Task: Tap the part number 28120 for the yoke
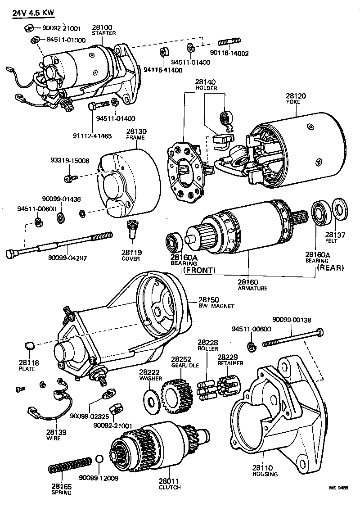click(x=293, y=96)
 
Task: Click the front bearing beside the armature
click(x=173, y=242)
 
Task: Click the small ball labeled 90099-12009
click(x=100, y=459)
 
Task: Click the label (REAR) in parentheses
click(x=330, y=267)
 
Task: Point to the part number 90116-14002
click(x=229, y=53)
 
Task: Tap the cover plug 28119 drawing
click(x=131, y=229)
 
